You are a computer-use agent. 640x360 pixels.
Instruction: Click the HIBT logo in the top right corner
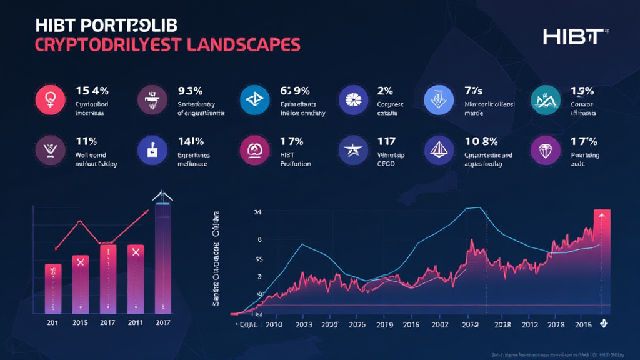[x=574, y=37]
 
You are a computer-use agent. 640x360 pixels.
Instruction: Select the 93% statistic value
[x=191, y=91]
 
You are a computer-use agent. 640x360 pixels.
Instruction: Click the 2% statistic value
[x=385, y=91]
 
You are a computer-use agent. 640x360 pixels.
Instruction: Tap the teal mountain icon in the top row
[x=544, y=99]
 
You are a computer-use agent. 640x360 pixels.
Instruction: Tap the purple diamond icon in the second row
[x=544, y=150]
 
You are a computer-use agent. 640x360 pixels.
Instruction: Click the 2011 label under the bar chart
[x=135, y=322]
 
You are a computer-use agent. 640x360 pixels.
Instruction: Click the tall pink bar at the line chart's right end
[x=602, y=262]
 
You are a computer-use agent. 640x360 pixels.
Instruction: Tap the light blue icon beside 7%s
[x=439, y=99]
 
